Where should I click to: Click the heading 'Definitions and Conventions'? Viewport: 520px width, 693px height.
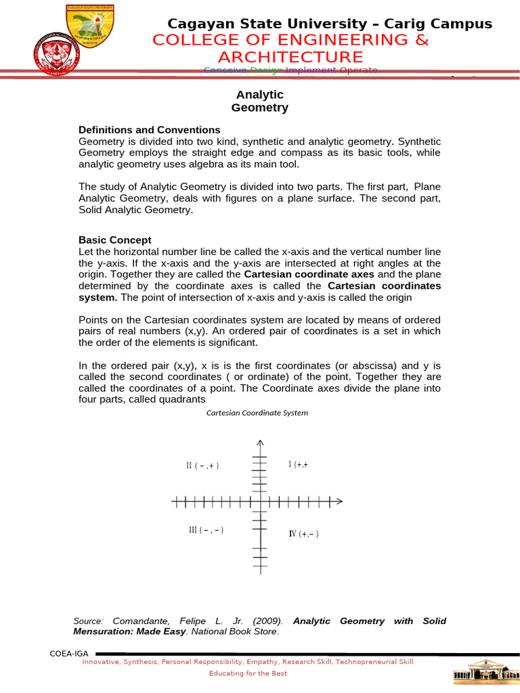(x=150, y=129)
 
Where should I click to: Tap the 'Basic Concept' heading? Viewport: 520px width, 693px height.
(x=115, y=240)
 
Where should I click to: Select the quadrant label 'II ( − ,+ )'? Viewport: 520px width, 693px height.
(x=203, y=466)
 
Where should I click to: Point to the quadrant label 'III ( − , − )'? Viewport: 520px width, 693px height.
(x=207, y=530)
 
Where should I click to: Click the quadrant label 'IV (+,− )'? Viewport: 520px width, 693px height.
(x=304, y=534)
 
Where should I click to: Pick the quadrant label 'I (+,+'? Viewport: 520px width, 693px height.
(x=299, y=464)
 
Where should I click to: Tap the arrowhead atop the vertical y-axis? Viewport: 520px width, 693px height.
(x=260, y=443)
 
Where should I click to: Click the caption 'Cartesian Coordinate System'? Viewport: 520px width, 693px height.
(x=257, y=413)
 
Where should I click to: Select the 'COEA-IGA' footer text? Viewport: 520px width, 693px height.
(x=66, y=652)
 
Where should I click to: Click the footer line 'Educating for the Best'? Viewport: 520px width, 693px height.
(x=248, y=673)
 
